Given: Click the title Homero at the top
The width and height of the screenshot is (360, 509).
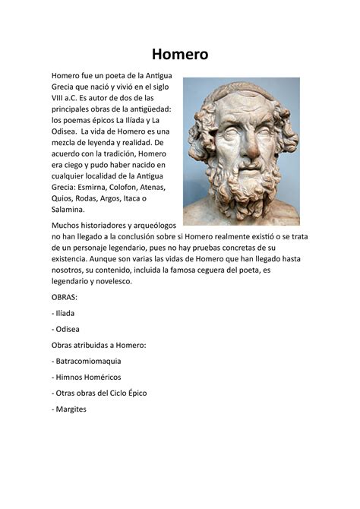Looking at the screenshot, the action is [x=179, y=54].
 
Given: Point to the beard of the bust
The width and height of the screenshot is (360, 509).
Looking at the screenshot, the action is [x=242, y=190].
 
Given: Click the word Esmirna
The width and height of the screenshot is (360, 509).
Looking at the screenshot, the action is [x=96, y=186].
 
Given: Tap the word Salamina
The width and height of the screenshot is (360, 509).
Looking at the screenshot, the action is [x=69, y=210].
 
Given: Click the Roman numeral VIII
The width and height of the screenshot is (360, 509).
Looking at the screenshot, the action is [x=59, y=98].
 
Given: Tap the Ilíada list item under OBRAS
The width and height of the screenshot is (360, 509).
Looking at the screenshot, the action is [x=65, y=313].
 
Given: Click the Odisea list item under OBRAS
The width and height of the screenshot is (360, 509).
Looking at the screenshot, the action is [x=67, y=329].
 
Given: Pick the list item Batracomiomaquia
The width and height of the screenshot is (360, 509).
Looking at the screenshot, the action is [x=88, y=361].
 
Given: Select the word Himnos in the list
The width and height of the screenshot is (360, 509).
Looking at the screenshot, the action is [x=71, y=377].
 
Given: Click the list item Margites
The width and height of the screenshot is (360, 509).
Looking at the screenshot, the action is [x=71, y=409].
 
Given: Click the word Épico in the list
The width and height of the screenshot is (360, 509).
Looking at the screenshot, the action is [x=134, y=393].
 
